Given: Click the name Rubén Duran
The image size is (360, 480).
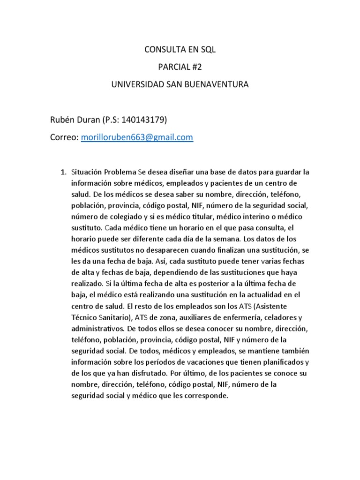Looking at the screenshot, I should tap(75, 120).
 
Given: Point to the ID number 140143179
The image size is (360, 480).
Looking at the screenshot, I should tap(142, 120).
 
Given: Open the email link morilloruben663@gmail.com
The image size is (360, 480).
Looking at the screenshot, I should tap(137, 137).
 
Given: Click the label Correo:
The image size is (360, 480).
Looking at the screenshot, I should tap(64, 137).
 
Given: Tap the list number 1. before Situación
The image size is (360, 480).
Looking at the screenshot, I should tap(64, 172).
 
